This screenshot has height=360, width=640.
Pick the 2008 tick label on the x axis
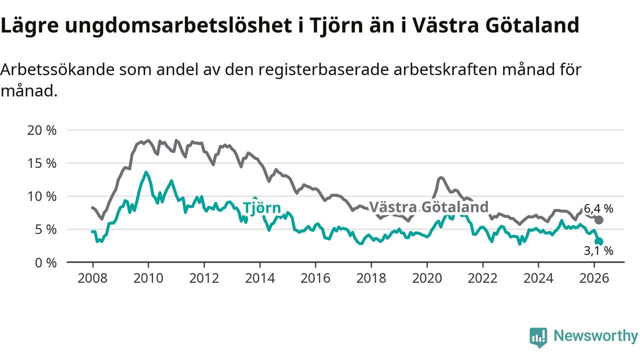click(92, 277)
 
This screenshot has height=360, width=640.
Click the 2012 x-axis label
click(204, 277)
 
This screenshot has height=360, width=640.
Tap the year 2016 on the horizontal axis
click(315, 277)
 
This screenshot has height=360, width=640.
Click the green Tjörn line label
click(262, 208)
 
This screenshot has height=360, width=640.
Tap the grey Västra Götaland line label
click(428, 207)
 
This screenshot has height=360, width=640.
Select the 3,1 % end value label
click(598, 251)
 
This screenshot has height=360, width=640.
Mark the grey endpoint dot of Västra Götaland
click(599, 220)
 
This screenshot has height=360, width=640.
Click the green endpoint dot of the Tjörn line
click(599, 241)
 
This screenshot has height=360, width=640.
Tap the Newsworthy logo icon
click(538, 337)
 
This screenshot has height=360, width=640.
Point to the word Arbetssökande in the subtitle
click(56, 69)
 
